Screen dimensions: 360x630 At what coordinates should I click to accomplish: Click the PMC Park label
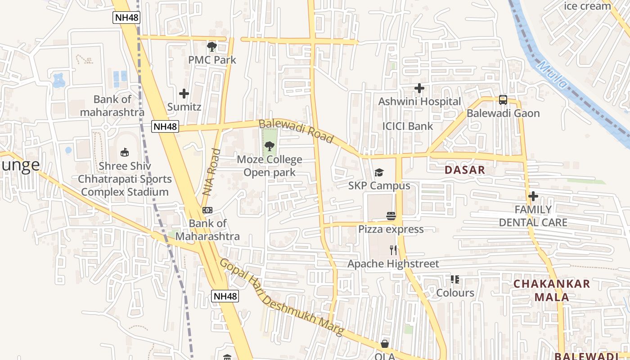[212, 60]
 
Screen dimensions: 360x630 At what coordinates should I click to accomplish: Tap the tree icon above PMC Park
[211, 46]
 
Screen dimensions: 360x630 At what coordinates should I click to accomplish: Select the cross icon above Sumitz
[184, 94]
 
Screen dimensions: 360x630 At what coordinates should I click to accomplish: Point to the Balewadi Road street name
[296, 131]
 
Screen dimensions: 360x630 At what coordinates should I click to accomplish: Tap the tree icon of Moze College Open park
[269, 146]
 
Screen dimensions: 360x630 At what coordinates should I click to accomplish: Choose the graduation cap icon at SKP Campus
[379, 173]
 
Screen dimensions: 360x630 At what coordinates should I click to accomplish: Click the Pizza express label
[391, 229]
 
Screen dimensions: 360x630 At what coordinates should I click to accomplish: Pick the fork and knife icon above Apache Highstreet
[393, 250]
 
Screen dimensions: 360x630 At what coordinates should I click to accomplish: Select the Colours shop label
[455, 293]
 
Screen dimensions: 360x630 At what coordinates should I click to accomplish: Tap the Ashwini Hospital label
[419, 102]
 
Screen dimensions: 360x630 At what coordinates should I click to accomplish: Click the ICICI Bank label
[407, 126]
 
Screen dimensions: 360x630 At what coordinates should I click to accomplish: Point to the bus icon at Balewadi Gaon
[503, 100]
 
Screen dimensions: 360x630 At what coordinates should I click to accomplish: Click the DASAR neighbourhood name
[465, 170]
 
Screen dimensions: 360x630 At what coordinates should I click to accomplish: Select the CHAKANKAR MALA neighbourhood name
[551, 290]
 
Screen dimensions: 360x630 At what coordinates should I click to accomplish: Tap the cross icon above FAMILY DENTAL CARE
[533, 196]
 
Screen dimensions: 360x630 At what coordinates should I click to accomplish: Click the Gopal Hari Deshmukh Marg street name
[281, 298]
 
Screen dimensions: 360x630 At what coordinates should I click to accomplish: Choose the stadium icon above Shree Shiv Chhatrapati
[125, 153]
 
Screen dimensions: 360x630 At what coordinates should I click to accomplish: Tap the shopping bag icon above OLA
[385, 344]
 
